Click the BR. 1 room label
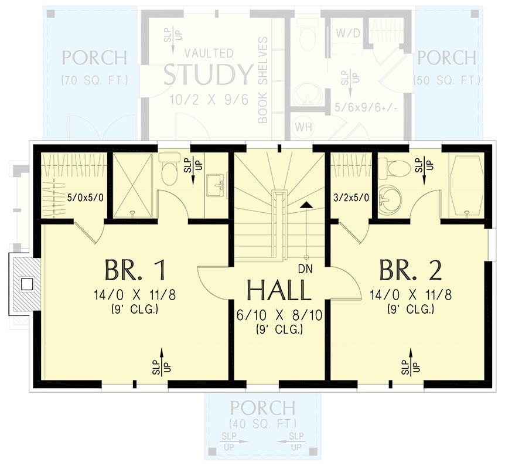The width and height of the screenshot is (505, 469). point(135,270)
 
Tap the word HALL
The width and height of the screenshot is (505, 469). point(279,291)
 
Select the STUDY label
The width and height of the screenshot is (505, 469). point(208,75)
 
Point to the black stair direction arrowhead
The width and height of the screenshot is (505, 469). point(306,205)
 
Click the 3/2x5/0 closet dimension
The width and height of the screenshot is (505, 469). point(350,197)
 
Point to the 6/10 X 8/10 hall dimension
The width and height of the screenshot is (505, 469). point(279,316)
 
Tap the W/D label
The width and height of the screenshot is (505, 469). point(344,33)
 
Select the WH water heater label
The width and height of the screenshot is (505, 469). point(303,126)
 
